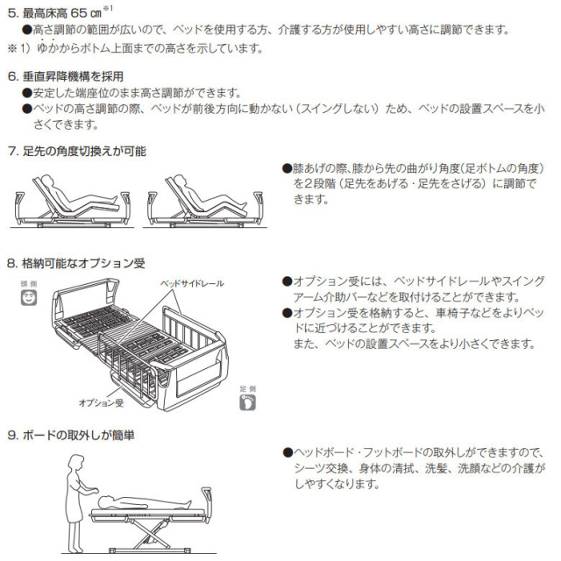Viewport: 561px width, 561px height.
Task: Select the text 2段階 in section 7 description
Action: [318, 184]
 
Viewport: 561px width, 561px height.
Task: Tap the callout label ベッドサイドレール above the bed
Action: [191, 284]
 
